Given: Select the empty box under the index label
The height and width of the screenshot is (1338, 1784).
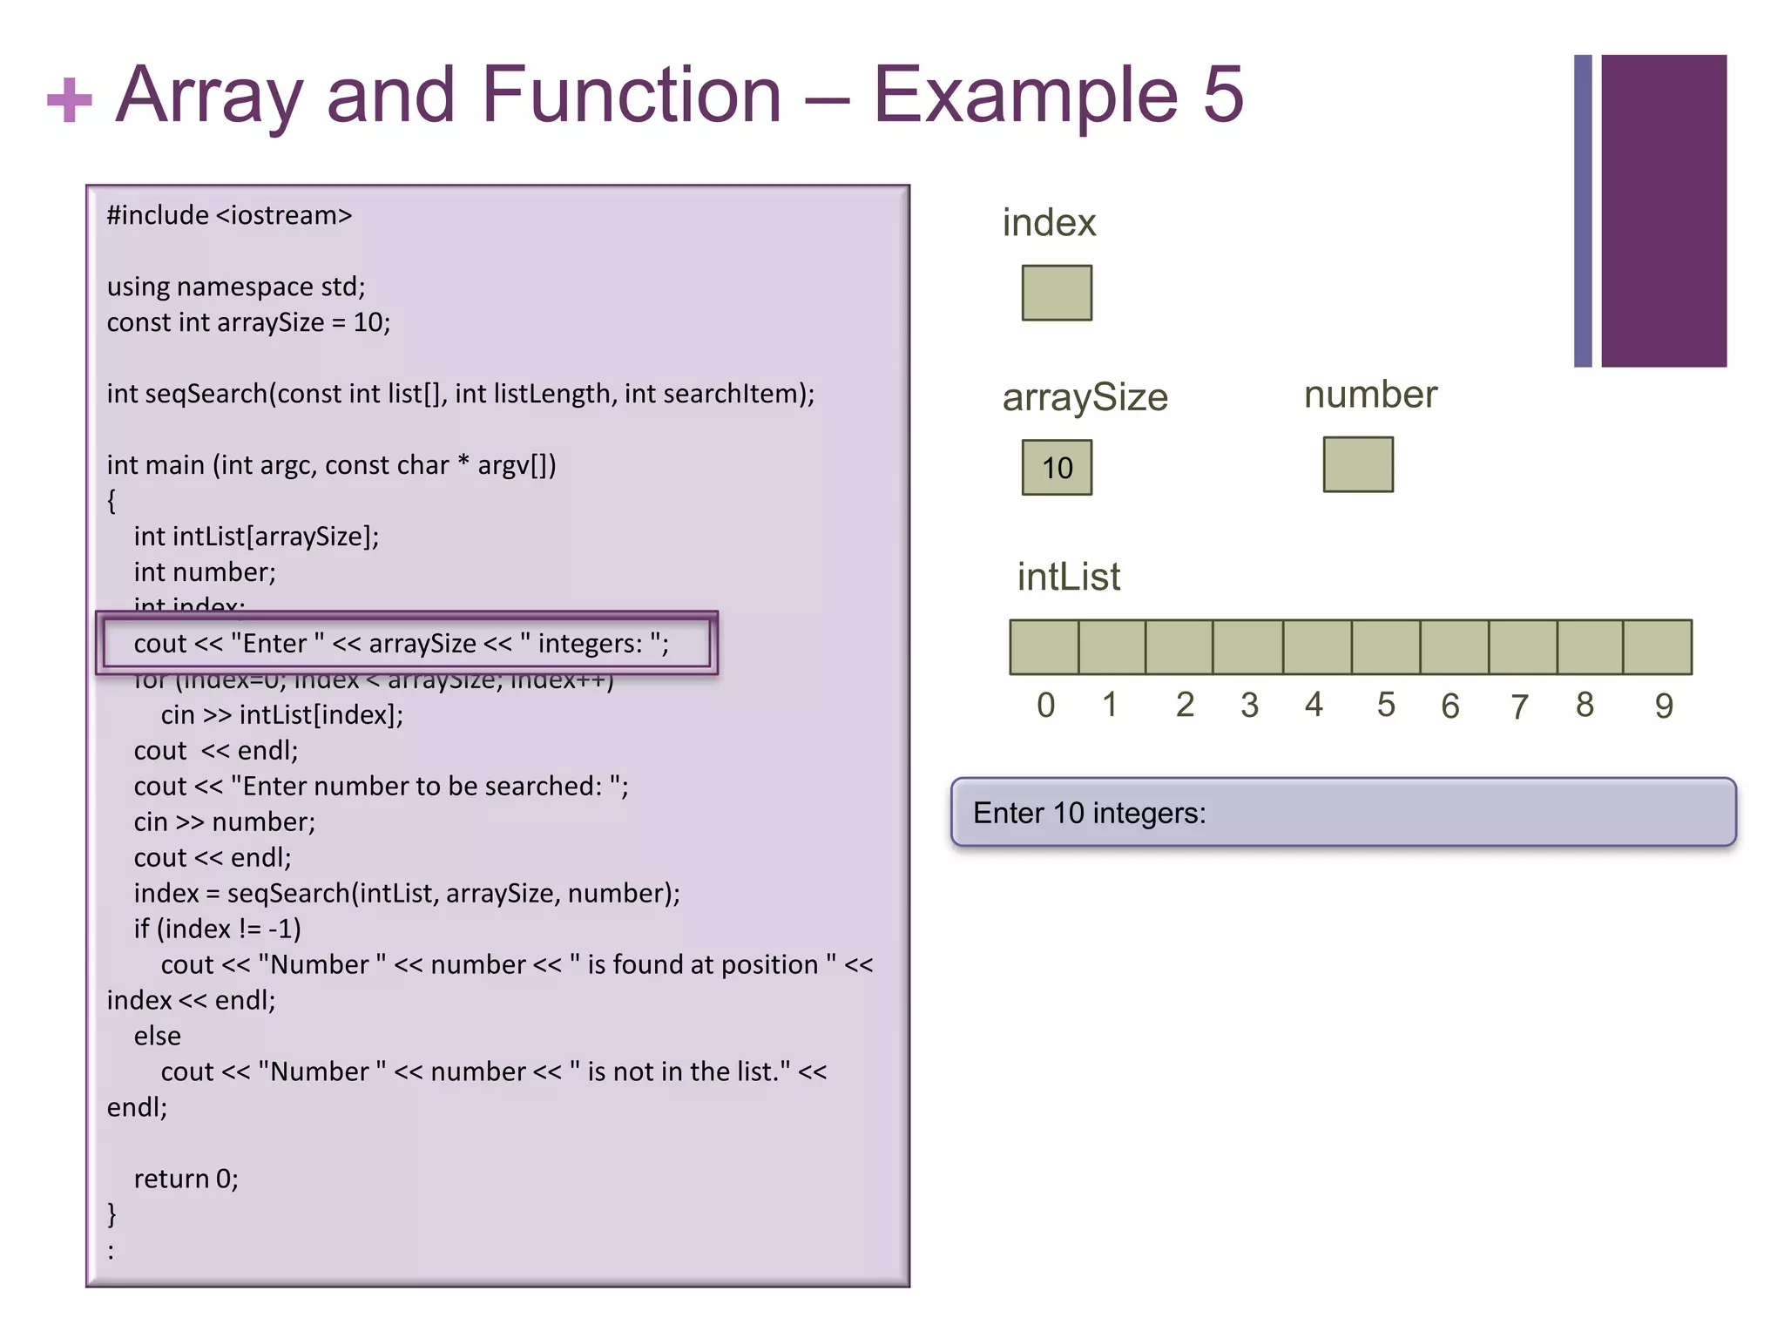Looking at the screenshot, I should click(1057, 293).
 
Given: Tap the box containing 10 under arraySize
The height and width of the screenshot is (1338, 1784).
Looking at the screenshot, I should click(1057, 468).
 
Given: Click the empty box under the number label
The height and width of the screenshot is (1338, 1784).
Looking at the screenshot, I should click(1357, 464).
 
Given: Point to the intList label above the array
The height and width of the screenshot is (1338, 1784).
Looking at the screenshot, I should click(1069, 577).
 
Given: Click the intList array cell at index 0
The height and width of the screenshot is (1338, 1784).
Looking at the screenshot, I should click(1044, 647).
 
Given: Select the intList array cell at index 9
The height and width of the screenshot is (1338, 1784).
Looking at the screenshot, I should click(1657, 647).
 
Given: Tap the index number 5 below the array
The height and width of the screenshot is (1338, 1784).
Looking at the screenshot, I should click(1386, 705).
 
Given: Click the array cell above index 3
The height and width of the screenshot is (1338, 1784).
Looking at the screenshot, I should click(1247, 647).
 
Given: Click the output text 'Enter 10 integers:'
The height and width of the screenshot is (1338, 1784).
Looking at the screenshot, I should click(1090, 813).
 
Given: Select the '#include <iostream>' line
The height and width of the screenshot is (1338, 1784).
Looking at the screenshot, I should click(229, 215).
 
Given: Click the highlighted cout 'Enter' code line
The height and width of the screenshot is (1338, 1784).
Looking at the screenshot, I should click(402, 644).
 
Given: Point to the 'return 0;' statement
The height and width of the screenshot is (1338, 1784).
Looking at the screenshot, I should click(186, 1179).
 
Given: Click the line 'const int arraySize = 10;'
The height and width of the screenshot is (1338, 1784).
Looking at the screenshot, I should click(248, 322).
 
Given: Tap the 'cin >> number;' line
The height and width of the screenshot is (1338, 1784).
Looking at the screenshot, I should click(224, 821).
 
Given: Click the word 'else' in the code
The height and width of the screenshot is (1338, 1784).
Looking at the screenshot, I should click(158, 1036).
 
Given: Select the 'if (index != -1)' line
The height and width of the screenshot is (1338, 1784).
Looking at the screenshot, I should click(217, 929).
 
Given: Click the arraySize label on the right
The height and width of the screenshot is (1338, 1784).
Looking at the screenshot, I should click(1085, 397).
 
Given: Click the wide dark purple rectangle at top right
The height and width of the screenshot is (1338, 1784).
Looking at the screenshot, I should click(1663, 210).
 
